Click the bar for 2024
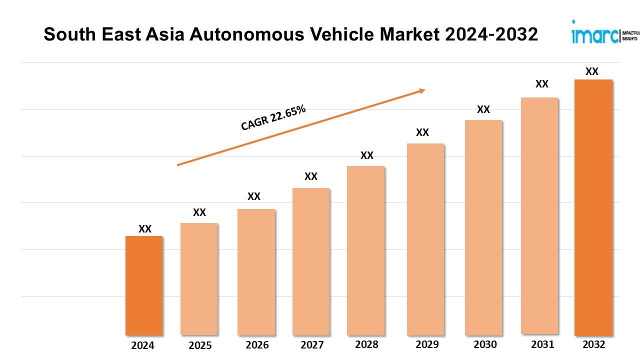tap(144, 285)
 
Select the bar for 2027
tap(311, 261)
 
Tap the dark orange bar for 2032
tap(593, 207)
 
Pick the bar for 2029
tap(425, 239)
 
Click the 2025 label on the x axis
tap(200, 345)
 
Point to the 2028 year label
tap(366, 344)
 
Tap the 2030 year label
tap(485, 344)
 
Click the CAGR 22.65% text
tap(273, 118)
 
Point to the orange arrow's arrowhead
tap(421, 90)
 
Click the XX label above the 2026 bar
tap(254, 196)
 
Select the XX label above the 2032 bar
tap(592, 71)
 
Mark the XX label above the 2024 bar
tap(145, 229)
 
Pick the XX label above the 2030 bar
tap(483, 109)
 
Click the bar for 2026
tap(256, 272)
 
